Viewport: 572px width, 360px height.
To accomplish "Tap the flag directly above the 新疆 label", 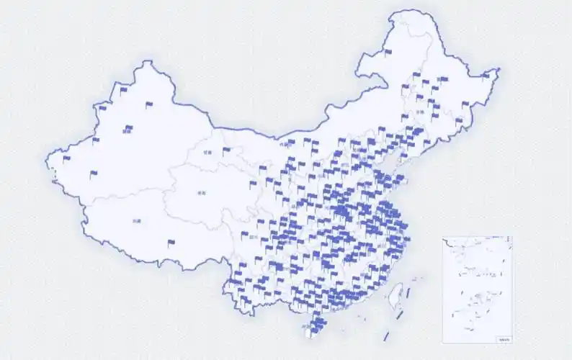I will click(x=128, y=125).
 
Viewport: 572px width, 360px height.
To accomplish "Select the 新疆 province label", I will click(x=128, y=132).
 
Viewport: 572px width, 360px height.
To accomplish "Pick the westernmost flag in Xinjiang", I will click(x=67, y=158).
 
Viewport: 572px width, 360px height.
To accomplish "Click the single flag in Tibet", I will click(x=171, y=243).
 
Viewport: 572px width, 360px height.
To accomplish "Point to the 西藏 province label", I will click(x=137, y=221).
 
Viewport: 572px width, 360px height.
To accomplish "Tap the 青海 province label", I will click(x=202, y=193).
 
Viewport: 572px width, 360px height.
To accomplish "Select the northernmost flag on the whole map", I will click(x=389, y=52).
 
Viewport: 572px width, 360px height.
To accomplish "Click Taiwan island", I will click(x=396, y=297).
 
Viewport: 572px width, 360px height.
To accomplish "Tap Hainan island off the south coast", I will click(x=312, y=328).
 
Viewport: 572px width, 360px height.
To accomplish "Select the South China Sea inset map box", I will click(x=478, y=289).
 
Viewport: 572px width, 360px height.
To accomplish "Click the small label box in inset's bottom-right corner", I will click(x=504, y=338).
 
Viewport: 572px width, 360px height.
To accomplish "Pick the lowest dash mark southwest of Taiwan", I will click(x=387, y=336).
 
